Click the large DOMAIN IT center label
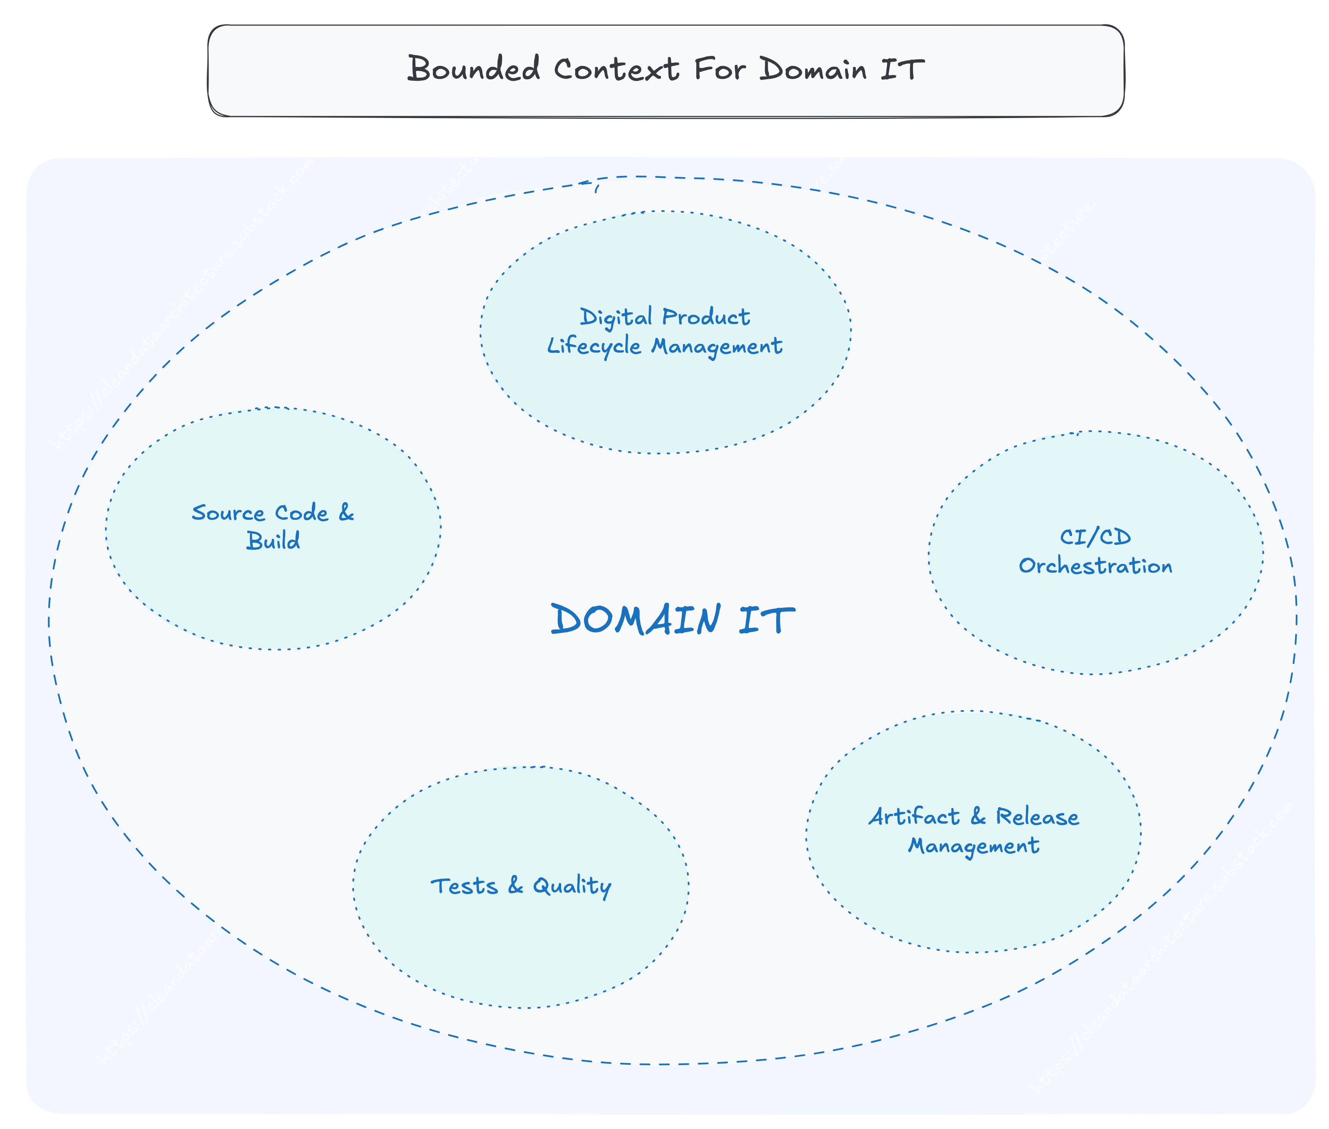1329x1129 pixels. (x=672, y=620)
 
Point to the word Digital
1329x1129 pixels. (x=616, y=317)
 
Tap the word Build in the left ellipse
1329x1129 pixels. (x=273, y=541)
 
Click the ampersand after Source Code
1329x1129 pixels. (x=346, y=512)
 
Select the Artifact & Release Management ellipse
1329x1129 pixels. (x=973, y=896)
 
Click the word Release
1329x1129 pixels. (x=1037, y=817)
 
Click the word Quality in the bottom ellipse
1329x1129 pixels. (x=571, y=886)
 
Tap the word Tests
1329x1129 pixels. (x=464, y=886)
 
